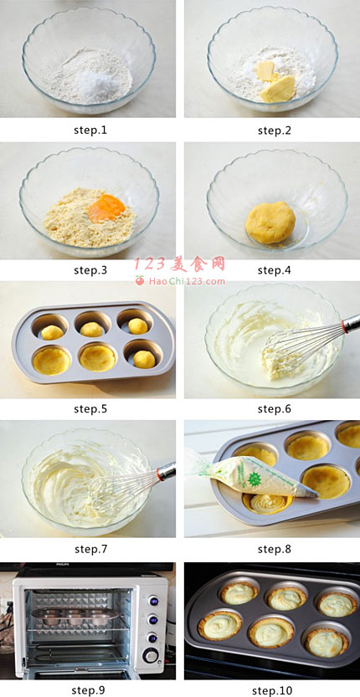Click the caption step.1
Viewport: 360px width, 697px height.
(90, 131)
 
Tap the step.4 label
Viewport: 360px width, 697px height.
(275, 269)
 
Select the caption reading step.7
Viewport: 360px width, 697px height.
(90, 549)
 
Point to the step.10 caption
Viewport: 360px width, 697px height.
(272, 689)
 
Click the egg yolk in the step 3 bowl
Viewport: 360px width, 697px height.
(107, 208)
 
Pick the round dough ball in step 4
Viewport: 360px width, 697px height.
(270, 223)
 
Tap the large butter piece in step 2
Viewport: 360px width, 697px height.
(278, 89)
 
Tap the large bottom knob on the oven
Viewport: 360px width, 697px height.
(151, 655)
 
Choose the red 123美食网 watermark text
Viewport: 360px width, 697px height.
(180, 264)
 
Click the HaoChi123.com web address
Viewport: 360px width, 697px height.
(187, 281)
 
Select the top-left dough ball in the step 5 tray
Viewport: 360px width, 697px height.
(53, 332)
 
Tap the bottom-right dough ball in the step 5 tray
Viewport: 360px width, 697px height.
(144, 359)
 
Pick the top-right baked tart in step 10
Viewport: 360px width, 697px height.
(336, 604)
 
